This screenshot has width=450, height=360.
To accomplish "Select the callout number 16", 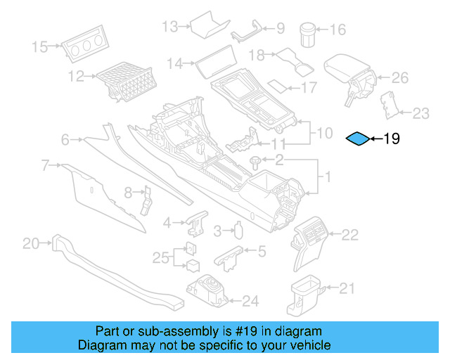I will (x=337, y=30).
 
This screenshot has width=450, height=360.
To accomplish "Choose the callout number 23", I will (x=420, y=112).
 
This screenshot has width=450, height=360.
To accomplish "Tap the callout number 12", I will (x=76, y=75).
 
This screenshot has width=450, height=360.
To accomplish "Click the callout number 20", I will (x=31, y=244).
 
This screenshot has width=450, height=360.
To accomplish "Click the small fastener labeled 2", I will (x=255, y=161).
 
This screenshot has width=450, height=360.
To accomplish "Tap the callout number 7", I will (x=45, y=166).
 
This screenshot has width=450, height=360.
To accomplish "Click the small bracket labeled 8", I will (x=148, y=200).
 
